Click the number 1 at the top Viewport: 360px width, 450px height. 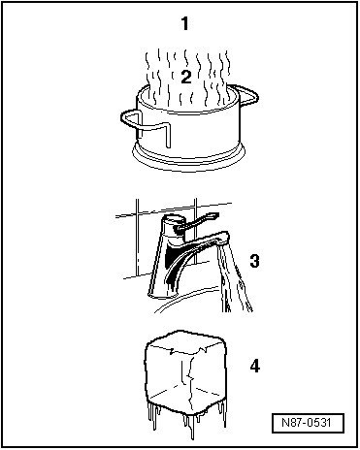[184, 23]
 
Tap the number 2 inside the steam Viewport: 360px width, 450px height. [186, 78]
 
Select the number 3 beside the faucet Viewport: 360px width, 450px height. [254, 261]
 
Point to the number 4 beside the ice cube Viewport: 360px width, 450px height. [255, 367]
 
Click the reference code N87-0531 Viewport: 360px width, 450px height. [308, 423]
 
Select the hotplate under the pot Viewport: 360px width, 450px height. [189, 158]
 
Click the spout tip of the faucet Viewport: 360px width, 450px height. [223, 240]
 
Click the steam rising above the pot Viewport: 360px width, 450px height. [187, 78]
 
